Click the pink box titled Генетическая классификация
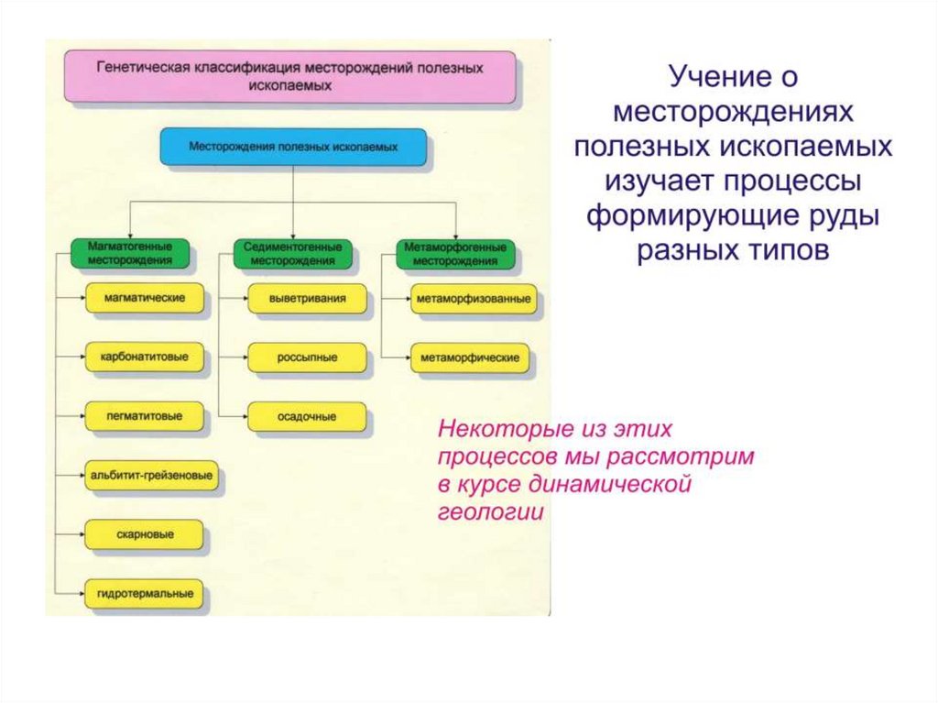[x=289, y=76]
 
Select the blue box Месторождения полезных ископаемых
[x=293, y=147]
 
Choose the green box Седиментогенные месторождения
[x=293, y=254]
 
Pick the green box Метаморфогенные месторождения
[x=455, y=254]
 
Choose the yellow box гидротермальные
[x=144, y=594]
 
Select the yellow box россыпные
[x=307, y=357]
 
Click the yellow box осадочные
[x=307, y=416]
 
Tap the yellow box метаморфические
[x=469, y=357]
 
